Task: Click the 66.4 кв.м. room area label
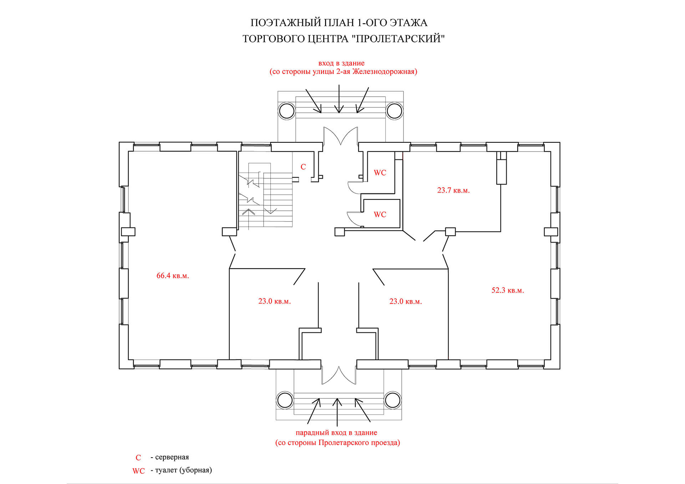(173, 276)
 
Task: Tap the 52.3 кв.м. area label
(508, 290)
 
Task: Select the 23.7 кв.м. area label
(453, 190)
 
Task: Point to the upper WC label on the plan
(380, 173)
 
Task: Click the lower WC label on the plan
(380, 214)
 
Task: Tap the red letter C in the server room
(303, 167)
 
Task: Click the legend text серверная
(172, 457)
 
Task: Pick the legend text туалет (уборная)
(184, 470)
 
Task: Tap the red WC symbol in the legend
(138, 471)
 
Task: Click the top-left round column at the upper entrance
(286, 111)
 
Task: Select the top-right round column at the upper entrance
(394, 111)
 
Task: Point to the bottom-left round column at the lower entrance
(285, 400)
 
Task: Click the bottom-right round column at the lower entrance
(392, 400)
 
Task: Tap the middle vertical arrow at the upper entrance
(339, 99)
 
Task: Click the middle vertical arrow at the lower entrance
(338, 412)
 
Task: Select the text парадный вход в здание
(336, 433)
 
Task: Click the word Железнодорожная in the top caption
(385, 72)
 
